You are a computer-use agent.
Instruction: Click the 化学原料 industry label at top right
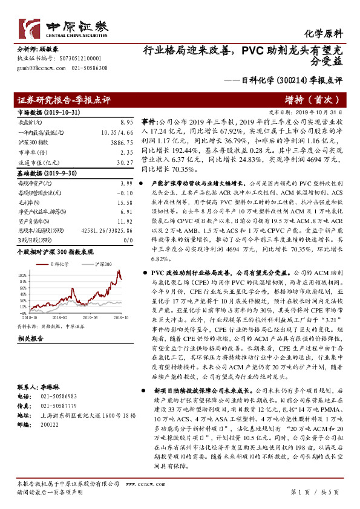click(x=327, y=34)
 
